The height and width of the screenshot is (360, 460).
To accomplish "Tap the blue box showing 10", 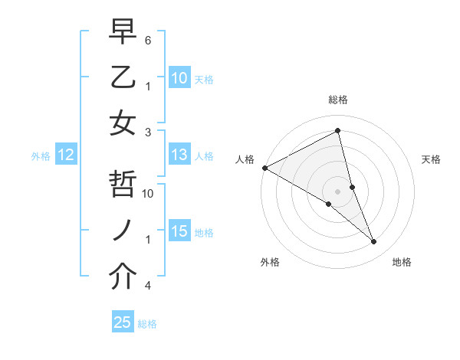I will (x=179, y=77).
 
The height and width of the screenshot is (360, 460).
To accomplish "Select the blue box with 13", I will (x=179, y=155).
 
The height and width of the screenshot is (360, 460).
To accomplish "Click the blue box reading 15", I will (x=179, y=231).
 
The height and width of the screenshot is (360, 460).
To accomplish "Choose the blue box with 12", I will (x=66, y=155).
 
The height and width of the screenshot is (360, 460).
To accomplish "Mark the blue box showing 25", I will (x=123, y=322).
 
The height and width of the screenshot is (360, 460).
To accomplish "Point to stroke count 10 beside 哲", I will (x=149, y=194).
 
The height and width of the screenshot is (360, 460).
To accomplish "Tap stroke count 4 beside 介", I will (x=148, y=285).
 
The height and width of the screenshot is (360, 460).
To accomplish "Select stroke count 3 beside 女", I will (x=148, y=132).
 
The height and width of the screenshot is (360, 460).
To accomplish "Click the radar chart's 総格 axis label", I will (x=337, y=100).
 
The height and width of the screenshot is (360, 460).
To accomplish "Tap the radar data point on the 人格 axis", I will (x=264, y=168).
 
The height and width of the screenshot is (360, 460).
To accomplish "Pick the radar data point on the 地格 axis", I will (x=374, y=242).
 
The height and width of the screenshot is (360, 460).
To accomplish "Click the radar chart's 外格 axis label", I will (x=270, y=262).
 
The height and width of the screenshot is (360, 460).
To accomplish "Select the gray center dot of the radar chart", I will (x=337, y=191).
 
